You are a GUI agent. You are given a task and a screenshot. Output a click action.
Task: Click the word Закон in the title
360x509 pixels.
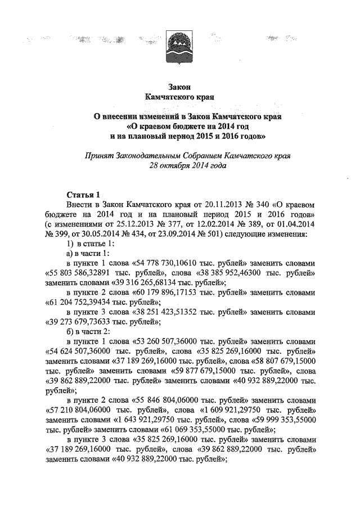click(x=180, y=87)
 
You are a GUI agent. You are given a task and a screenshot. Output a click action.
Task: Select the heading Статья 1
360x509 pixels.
click(x=83, y=195)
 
